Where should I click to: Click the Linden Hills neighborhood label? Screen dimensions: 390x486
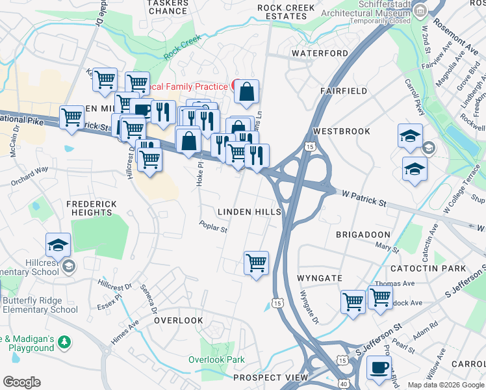click(x=249, y=212)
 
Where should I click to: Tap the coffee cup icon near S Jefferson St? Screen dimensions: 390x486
click(x=379, y=368)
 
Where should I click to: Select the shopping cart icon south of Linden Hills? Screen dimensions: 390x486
click(x=257, y=263)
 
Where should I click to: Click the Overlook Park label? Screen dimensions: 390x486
click(x=216, y=359)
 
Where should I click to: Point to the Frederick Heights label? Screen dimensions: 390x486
click(x=92, y=208)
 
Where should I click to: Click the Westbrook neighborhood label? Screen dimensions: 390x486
click(x=341, y=131)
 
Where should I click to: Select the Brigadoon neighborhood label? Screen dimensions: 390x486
click(x=363, y=234)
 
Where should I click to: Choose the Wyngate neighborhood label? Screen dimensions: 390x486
click(x=319, y=278)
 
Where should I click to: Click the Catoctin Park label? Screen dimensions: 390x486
click(x=428, y=268)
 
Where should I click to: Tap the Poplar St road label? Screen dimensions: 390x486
click(x=213, y=227)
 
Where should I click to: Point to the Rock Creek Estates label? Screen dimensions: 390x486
click(x=286, y=12)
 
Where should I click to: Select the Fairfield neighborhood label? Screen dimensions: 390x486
click(x=344, y=92)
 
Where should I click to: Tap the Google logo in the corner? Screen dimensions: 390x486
click(x=21, y=382)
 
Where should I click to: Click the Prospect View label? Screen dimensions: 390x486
click(x=270, y=378)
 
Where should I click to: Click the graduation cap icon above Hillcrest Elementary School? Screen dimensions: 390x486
click(x=58, y=245)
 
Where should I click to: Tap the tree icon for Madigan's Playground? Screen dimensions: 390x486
click(x=64, y=341)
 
